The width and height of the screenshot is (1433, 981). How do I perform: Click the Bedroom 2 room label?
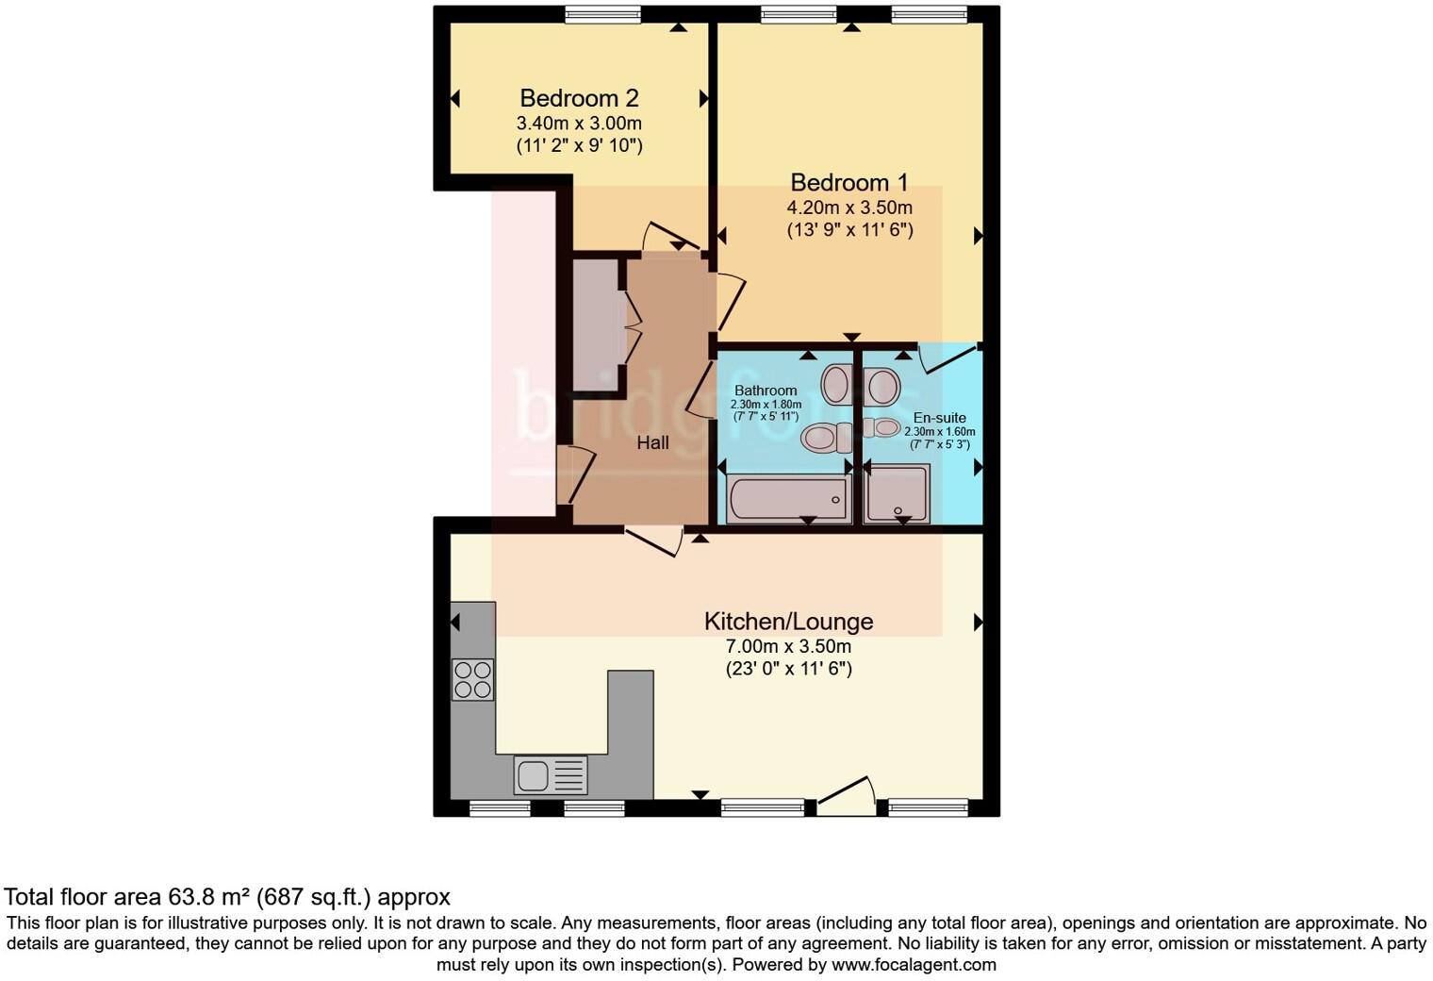(579, 98)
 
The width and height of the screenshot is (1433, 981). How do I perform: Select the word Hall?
(652, 442)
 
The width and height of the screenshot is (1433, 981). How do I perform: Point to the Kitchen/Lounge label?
(788, 622)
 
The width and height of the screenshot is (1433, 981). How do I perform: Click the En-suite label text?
(939, 418)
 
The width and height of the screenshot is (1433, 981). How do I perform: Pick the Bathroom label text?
(766, 391)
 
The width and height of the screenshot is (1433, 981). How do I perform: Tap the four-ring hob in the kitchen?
(472, 679)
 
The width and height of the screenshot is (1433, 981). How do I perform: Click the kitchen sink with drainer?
(551, 775)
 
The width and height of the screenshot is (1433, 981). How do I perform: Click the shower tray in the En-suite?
(898, 494)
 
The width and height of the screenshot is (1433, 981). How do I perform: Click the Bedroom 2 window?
(602, 13)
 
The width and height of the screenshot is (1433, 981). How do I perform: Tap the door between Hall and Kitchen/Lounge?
(656, 541)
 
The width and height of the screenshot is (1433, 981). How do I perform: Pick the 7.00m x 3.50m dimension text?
(787, 646)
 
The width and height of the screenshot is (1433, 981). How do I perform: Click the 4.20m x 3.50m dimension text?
(849, 208)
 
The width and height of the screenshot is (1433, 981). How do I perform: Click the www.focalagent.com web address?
(914, 965)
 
